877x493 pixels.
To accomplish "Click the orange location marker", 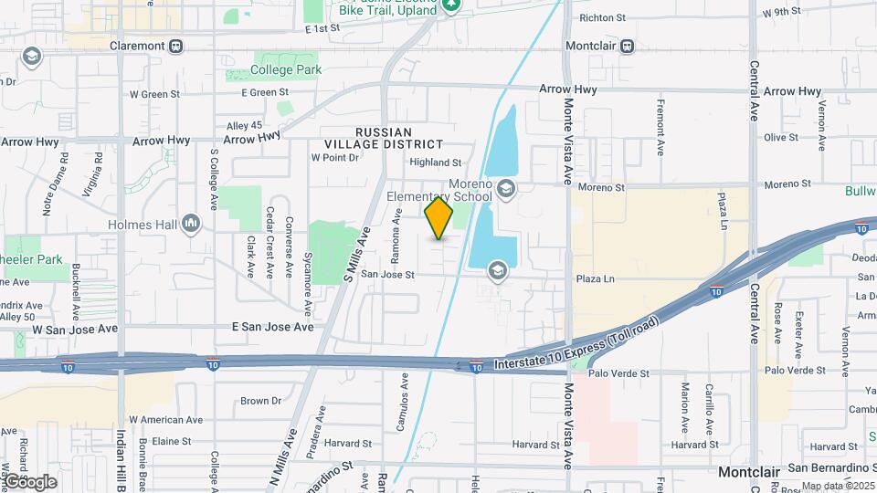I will [438, 218].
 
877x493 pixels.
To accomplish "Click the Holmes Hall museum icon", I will [191, 222].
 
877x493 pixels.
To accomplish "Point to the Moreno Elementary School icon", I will [506, 188].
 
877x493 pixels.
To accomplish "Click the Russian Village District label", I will [385, 138].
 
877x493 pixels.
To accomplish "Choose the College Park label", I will [287, 69].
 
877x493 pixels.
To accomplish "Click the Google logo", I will [30, 481].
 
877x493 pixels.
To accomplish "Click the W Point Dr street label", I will [335, 157].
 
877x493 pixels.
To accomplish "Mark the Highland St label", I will [435, 163].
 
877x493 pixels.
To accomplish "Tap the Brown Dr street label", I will [260, 401].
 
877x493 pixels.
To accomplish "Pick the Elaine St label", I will [171, 441].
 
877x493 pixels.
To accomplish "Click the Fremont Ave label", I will [659, 127].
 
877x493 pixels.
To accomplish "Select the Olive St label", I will [780, 138].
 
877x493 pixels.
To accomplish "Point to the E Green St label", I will [265, 92].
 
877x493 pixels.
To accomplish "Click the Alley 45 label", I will [243, 125].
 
